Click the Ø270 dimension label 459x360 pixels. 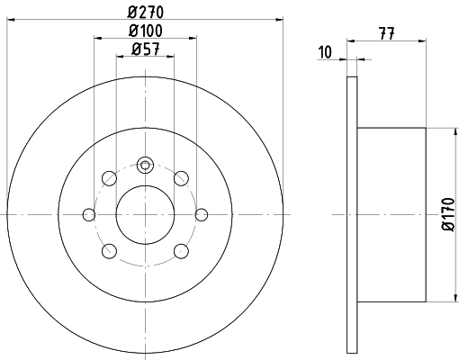(146, 13)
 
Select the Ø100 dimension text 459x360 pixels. (146, 31)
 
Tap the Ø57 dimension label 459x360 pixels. (146, 49)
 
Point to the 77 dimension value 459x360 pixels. (387, 33)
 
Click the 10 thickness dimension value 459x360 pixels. (325, 52)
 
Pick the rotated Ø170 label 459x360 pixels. (448, 214)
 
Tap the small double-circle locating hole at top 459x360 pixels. (145, 165)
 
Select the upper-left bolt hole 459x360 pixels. (109, 178)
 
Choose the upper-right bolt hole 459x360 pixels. (181, 178)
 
